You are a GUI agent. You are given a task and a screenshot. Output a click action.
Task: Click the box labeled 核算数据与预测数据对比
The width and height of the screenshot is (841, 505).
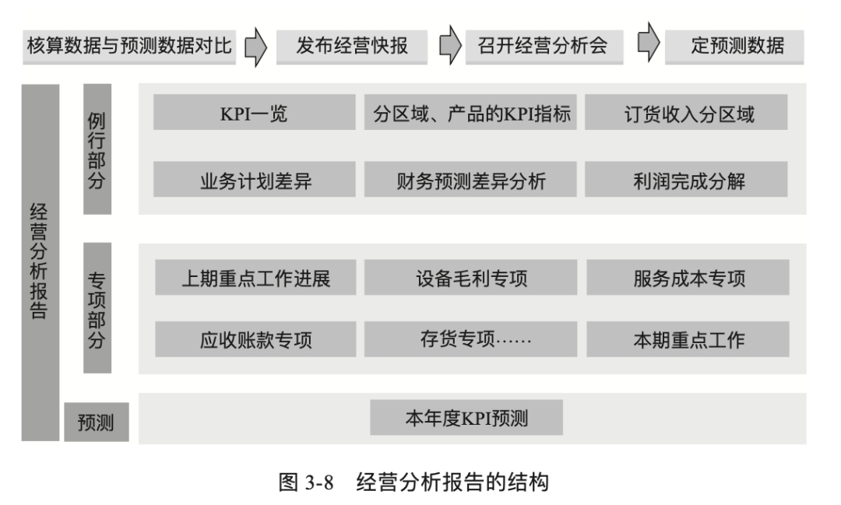pos(129,47)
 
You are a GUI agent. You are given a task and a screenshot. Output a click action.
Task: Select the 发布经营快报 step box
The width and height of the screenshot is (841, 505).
pos(352,47)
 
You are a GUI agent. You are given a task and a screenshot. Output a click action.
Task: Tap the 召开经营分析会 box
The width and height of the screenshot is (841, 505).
pos(544,47)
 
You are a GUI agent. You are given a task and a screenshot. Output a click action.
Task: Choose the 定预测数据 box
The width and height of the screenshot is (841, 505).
pos(734,47)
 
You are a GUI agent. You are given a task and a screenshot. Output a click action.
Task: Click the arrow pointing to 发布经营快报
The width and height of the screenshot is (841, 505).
pos(256,47)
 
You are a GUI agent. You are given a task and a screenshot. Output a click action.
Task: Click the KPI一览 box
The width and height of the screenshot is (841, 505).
pos(254,112)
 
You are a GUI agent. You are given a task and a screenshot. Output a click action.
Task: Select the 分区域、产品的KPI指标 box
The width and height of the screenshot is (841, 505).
pos(470,112)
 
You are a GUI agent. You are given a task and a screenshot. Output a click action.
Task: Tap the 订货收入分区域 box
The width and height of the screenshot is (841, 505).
pos(686,112)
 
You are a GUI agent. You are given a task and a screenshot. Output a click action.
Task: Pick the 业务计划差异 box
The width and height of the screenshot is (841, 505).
pos(254,179)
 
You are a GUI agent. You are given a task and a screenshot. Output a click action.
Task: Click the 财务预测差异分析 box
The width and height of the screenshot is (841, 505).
pos(470,179)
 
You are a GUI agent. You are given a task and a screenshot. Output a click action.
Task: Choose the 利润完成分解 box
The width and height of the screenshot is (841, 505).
pos(686,179)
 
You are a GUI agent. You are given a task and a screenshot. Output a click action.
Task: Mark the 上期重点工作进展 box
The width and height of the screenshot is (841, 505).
pos(255,277)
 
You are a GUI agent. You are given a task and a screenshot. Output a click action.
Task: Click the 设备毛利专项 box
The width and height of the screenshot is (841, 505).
pos(471,277)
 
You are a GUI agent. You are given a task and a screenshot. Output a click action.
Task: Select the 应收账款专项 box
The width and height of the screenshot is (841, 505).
pos(255,338)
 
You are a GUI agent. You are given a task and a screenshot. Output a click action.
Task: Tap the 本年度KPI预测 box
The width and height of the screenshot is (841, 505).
pos(466,417)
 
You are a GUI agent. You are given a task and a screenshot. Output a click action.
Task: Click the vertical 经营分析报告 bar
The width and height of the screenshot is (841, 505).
pos(40,263)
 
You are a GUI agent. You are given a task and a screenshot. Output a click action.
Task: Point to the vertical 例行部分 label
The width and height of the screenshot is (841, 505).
pos(97,149)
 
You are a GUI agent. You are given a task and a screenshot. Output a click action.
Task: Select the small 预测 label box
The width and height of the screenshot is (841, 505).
pos(97,422)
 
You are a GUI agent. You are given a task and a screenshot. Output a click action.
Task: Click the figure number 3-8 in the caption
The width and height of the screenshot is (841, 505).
pos(318,482)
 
